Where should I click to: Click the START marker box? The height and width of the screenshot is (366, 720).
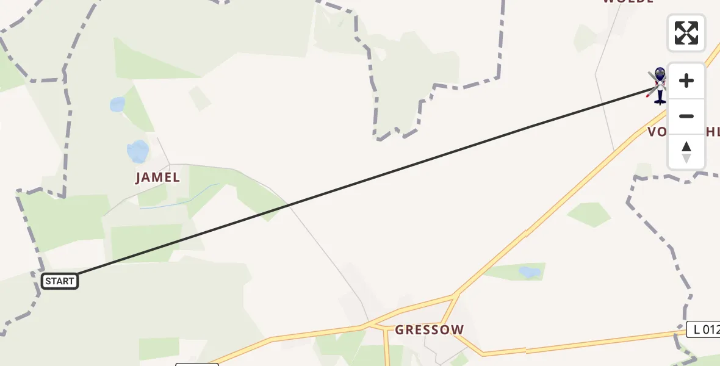(x=60, y=281)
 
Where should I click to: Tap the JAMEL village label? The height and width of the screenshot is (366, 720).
(x=157, y=178)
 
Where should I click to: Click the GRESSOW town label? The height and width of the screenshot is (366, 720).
(x=429, y=330)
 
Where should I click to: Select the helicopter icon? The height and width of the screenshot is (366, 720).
(x=659, y=86)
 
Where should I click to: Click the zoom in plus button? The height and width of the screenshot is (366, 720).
(x=686, y=81)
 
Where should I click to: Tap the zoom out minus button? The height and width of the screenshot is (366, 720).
(x=686, y=116)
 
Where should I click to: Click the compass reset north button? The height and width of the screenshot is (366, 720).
(x=686, y=151)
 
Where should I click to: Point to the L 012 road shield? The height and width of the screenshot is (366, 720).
(x=702, y=330)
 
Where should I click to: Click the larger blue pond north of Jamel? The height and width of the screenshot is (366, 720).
(x=137, y=151)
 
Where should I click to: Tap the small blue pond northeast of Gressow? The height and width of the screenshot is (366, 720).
(x=528, y=271)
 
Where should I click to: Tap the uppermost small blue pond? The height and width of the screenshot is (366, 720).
(x=117, y=104)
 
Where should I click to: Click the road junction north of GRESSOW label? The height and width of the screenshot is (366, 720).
(x=455, y=296)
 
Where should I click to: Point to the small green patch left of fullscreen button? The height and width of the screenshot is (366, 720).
(x=585, y=38)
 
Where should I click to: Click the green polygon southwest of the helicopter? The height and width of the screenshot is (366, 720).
(x=589, y=214)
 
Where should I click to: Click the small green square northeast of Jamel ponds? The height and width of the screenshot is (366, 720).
(x=200, y=98)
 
